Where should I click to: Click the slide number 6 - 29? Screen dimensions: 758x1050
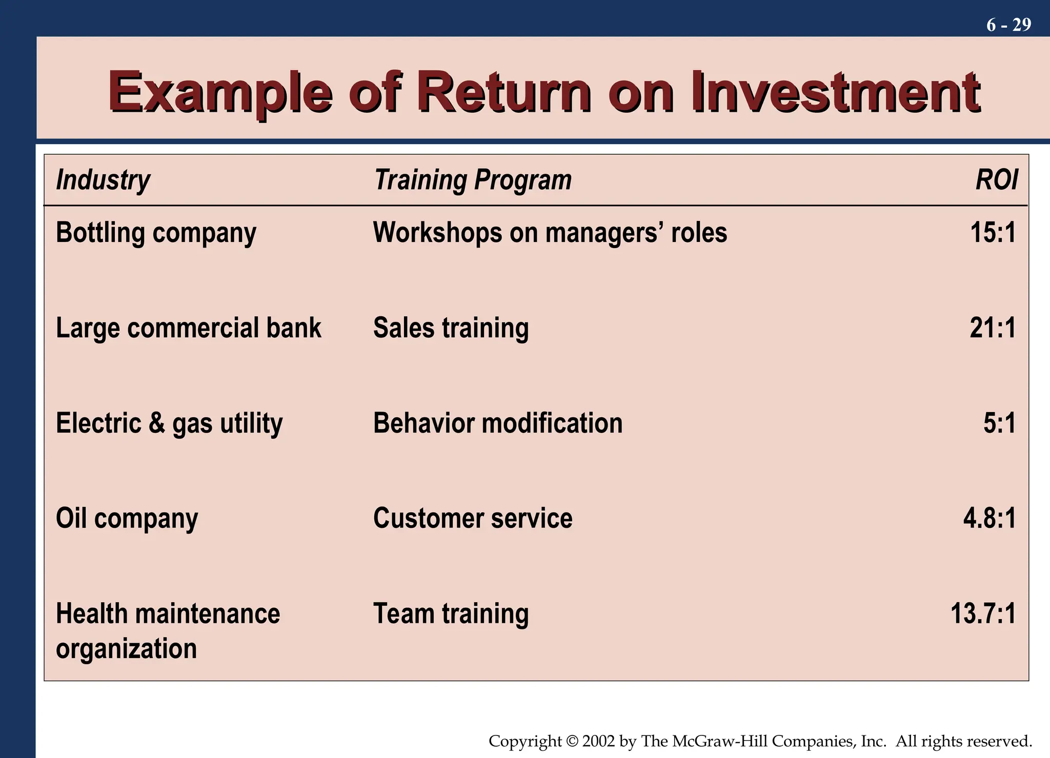point(1008,25)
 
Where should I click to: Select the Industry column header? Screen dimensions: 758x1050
point(103,180)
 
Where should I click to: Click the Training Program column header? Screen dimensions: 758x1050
point(472,180)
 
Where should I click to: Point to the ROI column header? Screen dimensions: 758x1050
point(996,180)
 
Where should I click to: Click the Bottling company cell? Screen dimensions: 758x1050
point(156,233)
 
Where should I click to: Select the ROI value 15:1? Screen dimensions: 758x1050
point(993,233)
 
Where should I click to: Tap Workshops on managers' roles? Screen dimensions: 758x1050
point(550,233)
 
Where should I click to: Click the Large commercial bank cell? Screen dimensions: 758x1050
point(188,328)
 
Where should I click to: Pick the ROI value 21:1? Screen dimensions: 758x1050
point(993,328)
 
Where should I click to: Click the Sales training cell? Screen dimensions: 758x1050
point(451,328)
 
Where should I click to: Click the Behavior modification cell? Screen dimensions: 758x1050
point(497,423)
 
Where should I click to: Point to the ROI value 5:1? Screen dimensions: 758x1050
point(999,423)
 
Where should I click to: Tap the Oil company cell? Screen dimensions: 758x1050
point(127,519)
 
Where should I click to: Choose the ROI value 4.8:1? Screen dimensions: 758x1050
point(989,519)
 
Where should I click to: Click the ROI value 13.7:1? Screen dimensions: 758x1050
point(983,613)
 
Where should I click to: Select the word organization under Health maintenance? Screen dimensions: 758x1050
point(126,649)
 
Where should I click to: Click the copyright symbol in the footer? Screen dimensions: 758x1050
point(572,742)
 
